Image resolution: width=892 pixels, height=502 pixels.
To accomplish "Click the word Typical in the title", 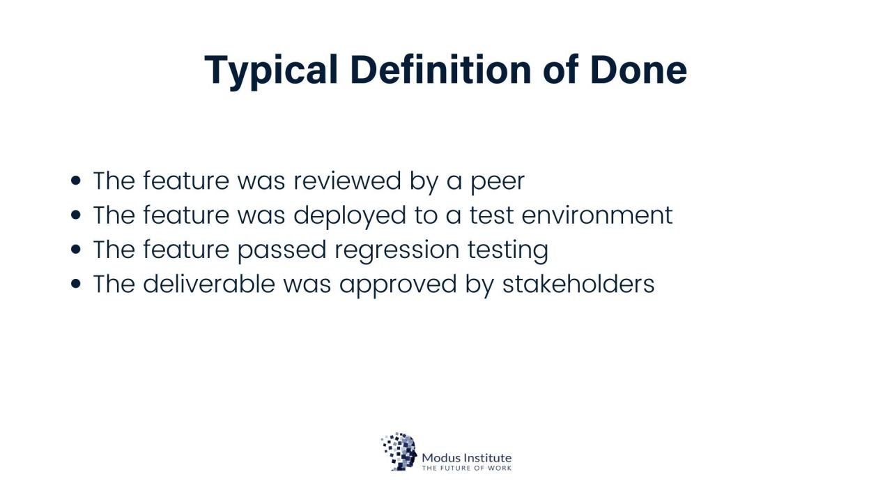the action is click(x=271, y=72).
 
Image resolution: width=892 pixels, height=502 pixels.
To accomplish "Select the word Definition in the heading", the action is click(x=441, y=69).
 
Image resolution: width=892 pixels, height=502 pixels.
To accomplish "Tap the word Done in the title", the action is click(x=638, y=70).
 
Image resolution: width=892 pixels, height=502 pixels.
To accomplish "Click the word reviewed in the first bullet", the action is click(x=347, y=181).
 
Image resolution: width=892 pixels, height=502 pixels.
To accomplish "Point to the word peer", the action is click(x=498, y=183).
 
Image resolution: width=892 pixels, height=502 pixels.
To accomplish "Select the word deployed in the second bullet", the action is click(x=350, y=217).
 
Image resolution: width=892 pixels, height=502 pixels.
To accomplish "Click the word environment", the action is click(x=597, y=215).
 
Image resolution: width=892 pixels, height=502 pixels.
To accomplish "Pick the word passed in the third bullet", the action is click(x=282, y=252).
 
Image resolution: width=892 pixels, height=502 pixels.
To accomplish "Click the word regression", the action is click(x=397, y=252).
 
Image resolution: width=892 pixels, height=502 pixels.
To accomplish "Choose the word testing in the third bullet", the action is click(x=508, y=251).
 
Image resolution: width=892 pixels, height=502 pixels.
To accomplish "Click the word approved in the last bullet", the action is click(x=398, y=285).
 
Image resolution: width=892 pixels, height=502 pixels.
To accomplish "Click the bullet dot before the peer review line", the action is click(x=76, y=181).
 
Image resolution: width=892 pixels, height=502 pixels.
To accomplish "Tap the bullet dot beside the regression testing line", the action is click(x=76, y=250).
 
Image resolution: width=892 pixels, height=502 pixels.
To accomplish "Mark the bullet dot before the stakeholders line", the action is click(x=76, y=284).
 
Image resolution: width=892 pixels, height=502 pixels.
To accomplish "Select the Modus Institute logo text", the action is click(x=467, y=457).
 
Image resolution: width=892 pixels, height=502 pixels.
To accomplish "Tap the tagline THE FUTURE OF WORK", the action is click(x=467, y=468).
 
